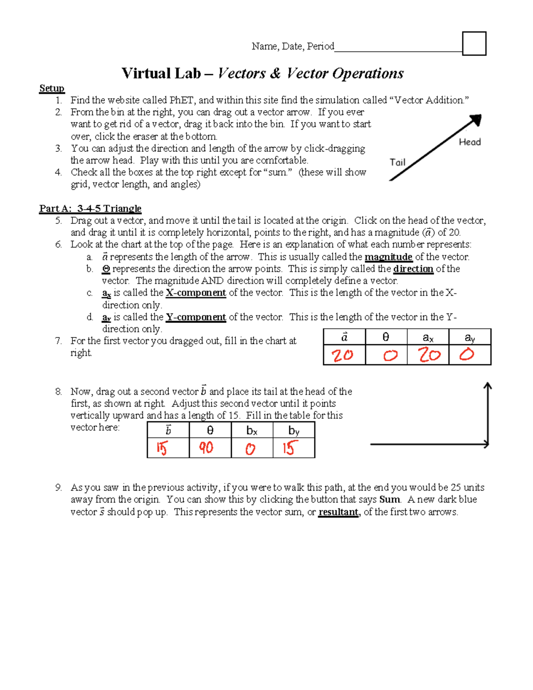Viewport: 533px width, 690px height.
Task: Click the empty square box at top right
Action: (474, 44)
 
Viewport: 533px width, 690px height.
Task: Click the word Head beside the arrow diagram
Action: (469, 142)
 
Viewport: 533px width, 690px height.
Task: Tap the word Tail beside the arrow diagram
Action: (398, 163)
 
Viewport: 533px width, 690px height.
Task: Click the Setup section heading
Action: (52, 88)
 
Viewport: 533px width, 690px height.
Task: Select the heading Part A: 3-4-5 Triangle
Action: (90, 209)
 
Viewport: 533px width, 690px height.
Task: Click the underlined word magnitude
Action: (388, 257)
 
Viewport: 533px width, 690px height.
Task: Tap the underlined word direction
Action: (413, 269)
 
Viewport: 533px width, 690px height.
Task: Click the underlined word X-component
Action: (195, 293)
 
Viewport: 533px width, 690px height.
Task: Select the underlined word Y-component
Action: (195, 317)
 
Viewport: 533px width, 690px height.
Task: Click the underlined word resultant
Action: (338, 512)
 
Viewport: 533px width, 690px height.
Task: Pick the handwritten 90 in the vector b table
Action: (206, 448)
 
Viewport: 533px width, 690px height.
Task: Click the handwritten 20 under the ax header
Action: (429, 355)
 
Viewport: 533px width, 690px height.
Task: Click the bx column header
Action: (252, 431)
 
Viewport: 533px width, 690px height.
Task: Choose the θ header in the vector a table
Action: (386, 337)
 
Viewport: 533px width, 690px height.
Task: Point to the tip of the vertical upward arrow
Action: (488, 385)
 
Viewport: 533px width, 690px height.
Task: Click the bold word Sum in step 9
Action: (390, 500)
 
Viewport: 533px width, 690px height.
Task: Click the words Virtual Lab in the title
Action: (161, 73)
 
